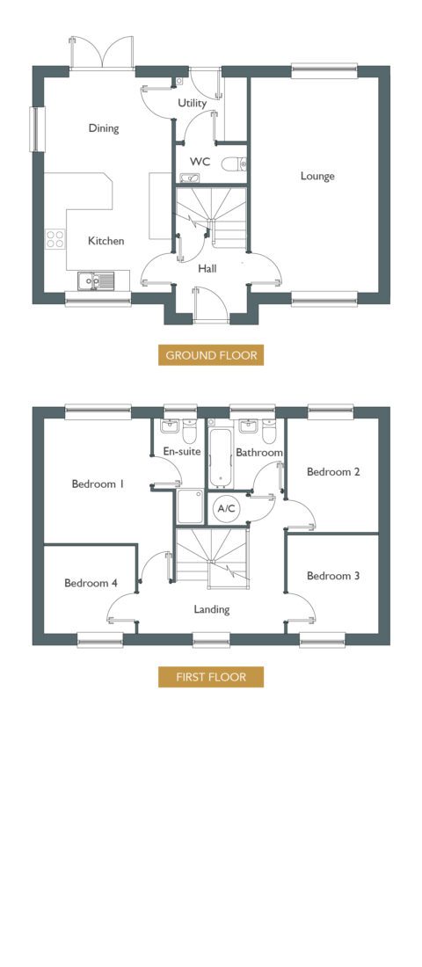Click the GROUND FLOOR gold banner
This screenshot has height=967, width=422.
[x=211, y=355]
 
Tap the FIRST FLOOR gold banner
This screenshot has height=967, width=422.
[x=211, y=677]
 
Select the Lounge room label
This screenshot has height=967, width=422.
[x=317, y=177]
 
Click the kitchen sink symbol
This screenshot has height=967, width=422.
[x=96, y=281]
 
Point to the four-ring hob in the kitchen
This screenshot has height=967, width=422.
[x=55, y=238]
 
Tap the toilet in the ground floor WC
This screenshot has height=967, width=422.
[x=235, y=164]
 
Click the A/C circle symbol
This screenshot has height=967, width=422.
[x=227, y=509]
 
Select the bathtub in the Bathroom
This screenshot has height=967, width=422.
[x=221, y=456]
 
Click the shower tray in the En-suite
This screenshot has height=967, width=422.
[x=189, y=507]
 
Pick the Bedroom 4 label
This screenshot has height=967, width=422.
[x=91, y=583]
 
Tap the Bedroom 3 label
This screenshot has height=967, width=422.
[x=333, y=576]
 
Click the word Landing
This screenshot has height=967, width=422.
[x=212, y=610]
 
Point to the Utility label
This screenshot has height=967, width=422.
[x=192, y=104]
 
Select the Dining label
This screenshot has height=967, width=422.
[x=104, y=129]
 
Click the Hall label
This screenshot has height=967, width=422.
[x=207, y=269]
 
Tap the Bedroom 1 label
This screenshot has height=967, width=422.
[x=98, y=484]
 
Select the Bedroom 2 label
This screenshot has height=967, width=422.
[x=334, y=472]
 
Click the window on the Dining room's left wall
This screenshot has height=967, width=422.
[x=39, y=129]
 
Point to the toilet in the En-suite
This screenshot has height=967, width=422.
[x=189, y=429]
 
